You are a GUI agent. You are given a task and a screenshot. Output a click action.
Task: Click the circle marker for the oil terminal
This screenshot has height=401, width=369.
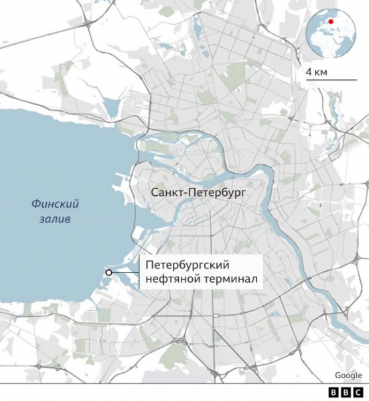tap(107, 272)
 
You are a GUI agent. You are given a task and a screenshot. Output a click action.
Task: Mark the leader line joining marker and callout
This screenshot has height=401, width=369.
tap(125, 272)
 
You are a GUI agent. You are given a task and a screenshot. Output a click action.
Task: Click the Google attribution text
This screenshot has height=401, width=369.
tap(348, 375)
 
